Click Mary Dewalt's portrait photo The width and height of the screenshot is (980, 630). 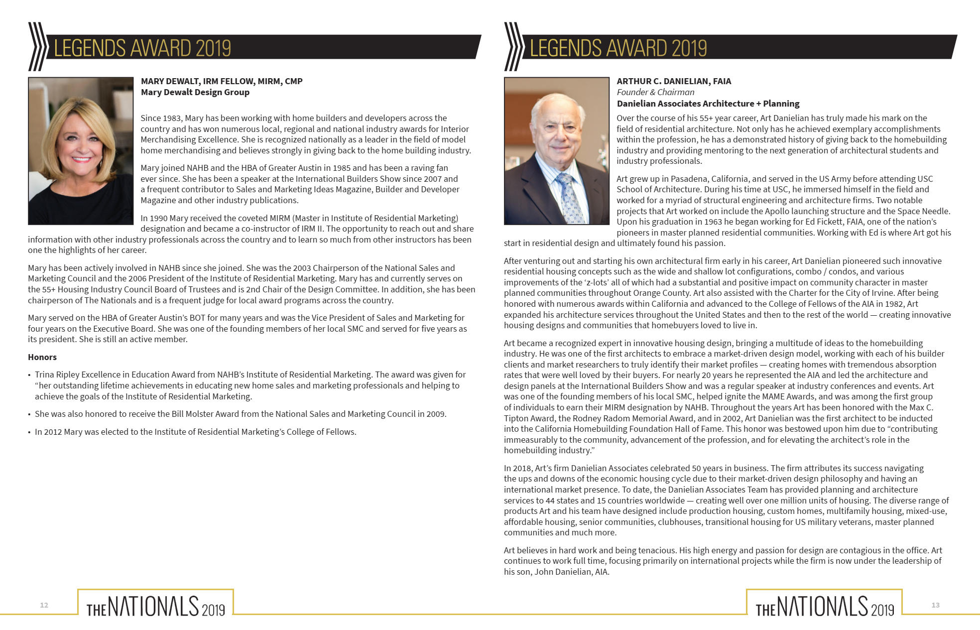tap(81, 150)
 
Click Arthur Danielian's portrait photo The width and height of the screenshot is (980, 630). tap(556, 150)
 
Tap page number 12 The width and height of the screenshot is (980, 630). tap(44, 605)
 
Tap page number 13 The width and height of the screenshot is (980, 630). tap(935, 605)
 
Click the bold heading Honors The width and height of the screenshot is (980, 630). tap(42, 357)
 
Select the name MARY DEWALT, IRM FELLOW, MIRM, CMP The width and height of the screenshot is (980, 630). tap(222, 81)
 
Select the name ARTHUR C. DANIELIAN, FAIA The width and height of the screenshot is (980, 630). tap(674, 81)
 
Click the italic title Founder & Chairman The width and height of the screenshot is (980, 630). tap(655, 92)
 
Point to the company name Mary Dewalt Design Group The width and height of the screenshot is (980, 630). tap(195, 92)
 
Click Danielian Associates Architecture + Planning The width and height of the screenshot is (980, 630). tap(708, 104)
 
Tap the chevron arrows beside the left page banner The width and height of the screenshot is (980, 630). tap(37, 47)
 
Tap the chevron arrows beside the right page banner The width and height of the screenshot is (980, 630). tap(513, 47)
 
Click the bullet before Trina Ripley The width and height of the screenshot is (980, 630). tap(29, 375)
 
